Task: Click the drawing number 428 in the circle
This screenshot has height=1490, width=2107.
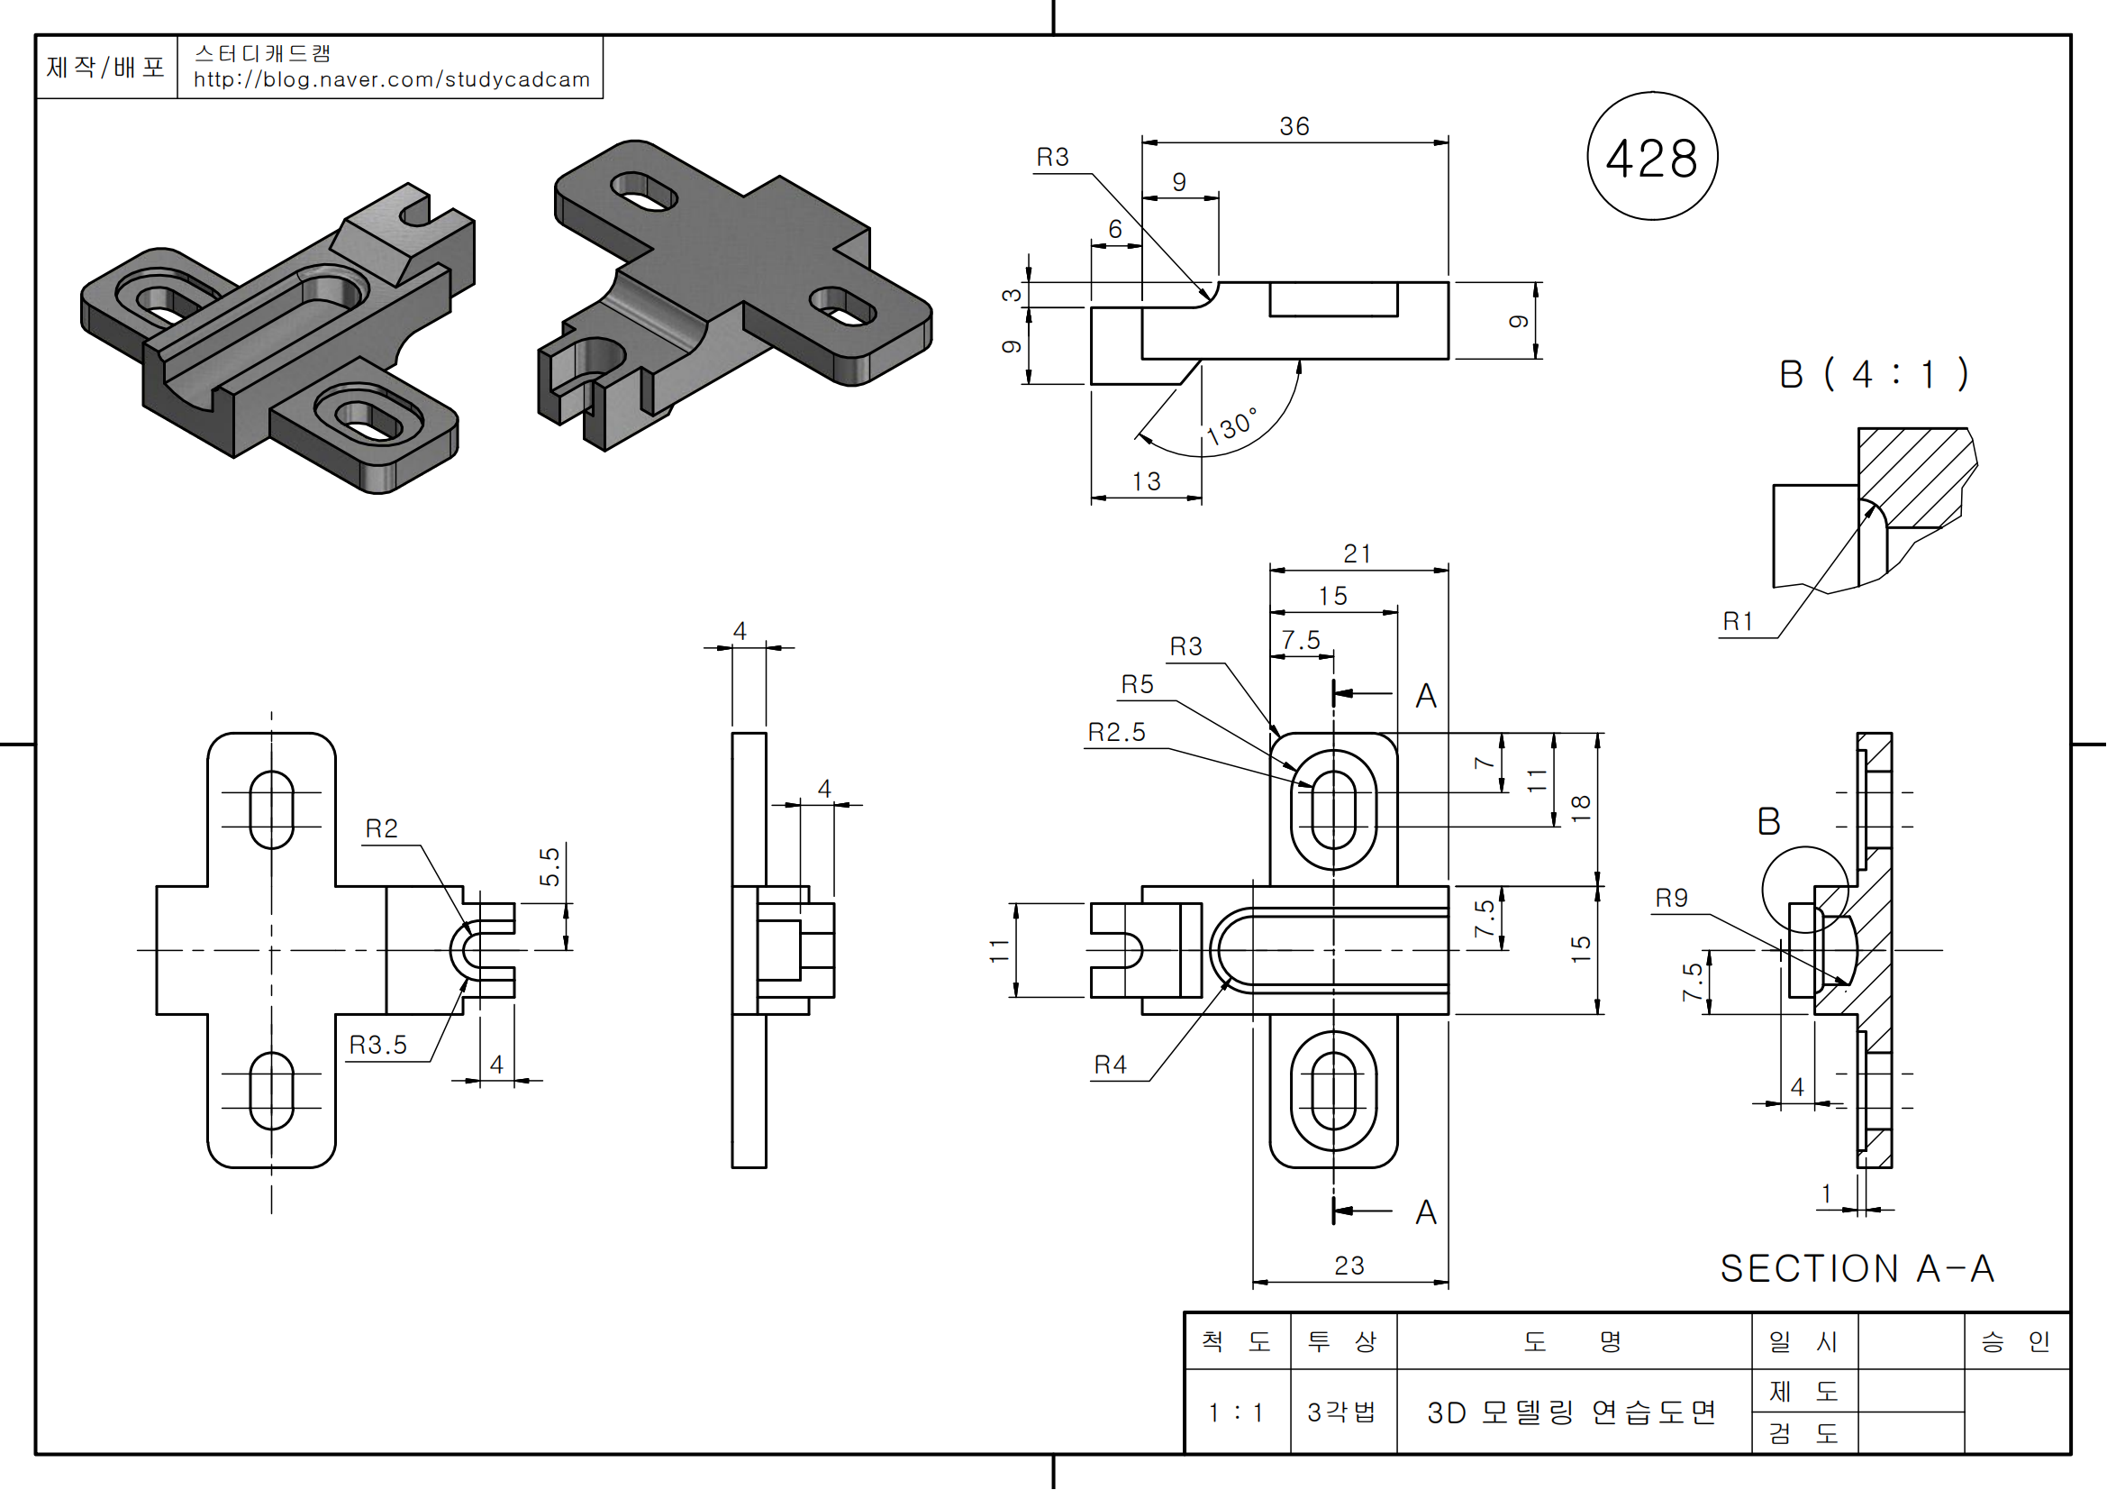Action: pos(1651,158)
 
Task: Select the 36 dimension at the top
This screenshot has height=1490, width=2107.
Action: pos(1294,127)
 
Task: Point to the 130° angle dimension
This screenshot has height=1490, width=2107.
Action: pos(1231,427)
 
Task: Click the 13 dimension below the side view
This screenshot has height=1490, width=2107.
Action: pos(1146,482)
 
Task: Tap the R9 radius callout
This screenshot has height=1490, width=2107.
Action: pos(1671,898)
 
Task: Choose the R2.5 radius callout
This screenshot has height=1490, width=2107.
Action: pos(1117,733)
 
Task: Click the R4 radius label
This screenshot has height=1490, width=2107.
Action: pos(1111,1065)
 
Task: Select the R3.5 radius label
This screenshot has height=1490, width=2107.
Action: pos(378,1046)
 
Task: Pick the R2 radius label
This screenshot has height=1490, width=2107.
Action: pos(382,829)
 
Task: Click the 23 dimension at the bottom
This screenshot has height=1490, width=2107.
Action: pos(1349,1266)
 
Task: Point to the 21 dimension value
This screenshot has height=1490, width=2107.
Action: pos(1358,554)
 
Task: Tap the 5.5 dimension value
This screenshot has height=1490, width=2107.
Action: pos(549,866)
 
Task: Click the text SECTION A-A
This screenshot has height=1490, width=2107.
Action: pos(1857,1269)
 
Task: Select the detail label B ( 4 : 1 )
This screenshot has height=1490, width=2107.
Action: pos(1873,375)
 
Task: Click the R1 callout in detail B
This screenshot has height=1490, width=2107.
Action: pos(1738,623)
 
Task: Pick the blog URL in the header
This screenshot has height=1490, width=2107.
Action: pos(392,80)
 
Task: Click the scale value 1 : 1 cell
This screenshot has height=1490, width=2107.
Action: pos(1236,1412)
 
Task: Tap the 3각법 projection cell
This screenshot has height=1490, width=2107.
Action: pos(1341,1412)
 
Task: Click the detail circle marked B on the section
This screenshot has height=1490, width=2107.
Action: pos(1805,890)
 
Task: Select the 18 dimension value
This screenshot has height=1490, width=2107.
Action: pos(1580,808)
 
